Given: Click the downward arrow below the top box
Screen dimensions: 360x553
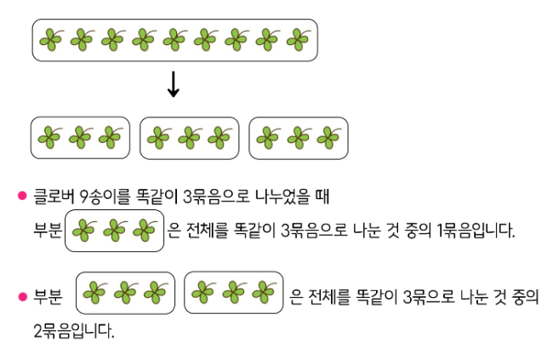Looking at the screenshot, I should coord(174,83).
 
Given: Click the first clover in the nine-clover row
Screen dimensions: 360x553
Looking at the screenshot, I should coord(51,39).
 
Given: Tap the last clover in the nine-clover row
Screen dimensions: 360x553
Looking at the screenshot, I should coord(299,39).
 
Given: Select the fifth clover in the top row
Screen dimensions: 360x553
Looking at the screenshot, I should coord(174,39).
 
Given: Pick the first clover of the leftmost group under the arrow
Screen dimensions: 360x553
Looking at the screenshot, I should coord(50,137).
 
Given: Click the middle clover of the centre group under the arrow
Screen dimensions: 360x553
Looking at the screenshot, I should coord(189,137).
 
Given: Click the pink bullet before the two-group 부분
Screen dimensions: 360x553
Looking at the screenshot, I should coord(23,298).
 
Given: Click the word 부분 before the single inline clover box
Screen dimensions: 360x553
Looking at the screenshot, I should coord(47,231).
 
